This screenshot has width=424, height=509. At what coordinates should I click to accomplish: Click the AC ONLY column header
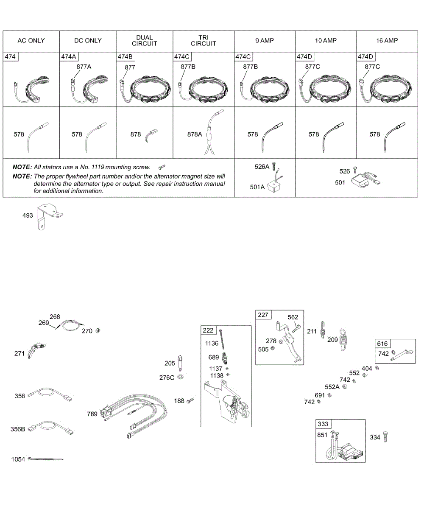point(31,41)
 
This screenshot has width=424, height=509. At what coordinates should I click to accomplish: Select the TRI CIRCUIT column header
point(203,41)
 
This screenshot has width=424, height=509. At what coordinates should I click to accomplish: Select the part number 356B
point(17,429)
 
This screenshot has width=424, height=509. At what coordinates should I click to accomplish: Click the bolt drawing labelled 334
point(385,436)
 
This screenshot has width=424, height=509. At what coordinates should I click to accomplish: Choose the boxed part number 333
point(323,424)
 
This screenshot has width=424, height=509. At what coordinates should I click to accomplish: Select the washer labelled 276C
point(181,377)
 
